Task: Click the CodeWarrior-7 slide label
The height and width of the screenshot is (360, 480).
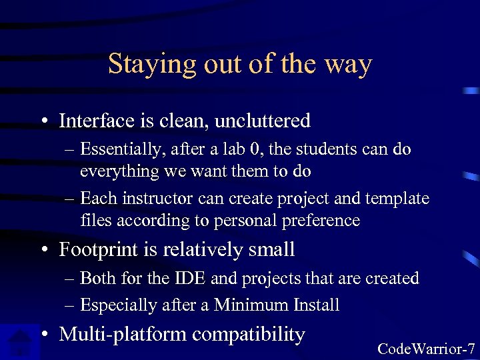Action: tap(426, 349)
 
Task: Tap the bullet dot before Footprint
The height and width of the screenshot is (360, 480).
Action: tap(44, 251)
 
